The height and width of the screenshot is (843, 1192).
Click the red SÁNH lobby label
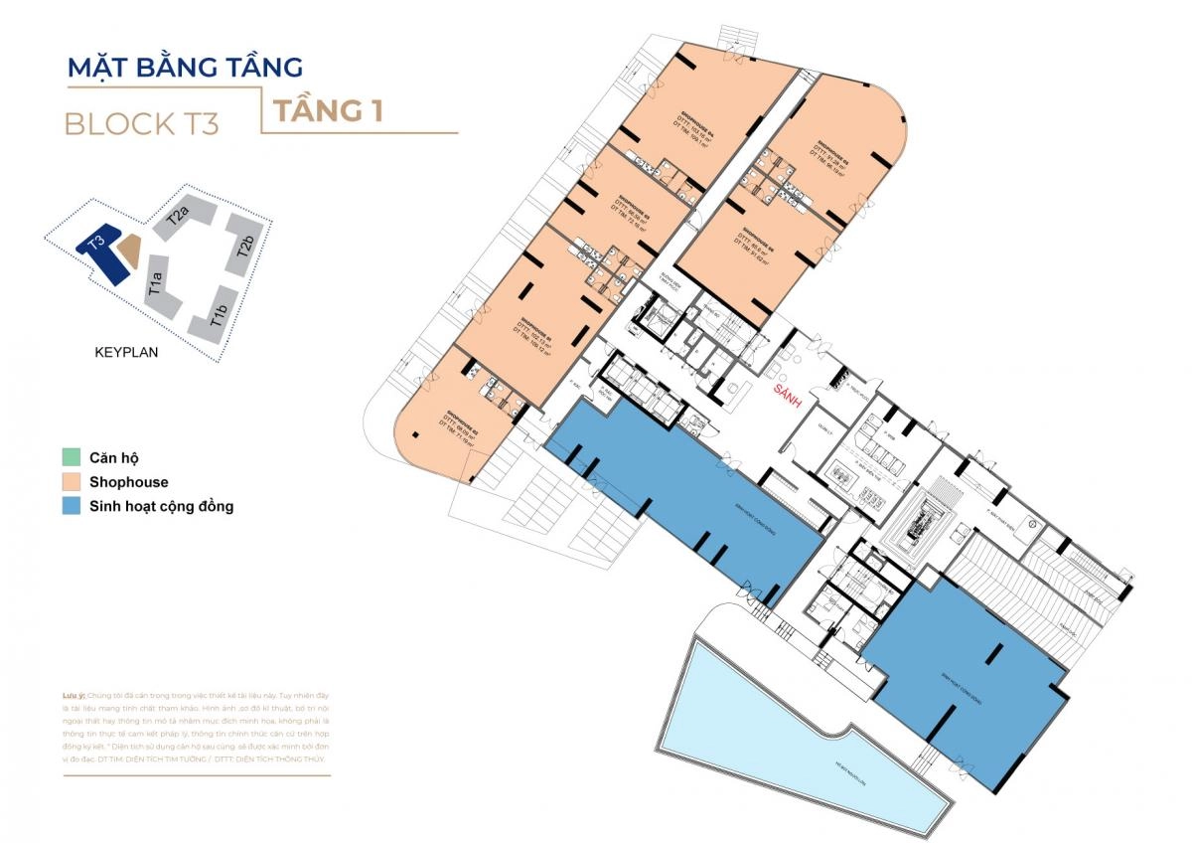click(791, 393)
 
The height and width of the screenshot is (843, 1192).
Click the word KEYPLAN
click(126, 352)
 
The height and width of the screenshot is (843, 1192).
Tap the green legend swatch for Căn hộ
click(71, 458)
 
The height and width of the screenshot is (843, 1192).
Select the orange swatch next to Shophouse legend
click(71, 482)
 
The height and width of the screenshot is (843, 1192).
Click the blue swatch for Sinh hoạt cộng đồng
click(71, 506)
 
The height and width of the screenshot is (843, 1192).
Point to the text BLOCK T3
click(141, 124)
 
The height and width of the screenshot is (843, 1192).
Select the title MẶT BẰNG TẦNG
click(184, 68)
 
